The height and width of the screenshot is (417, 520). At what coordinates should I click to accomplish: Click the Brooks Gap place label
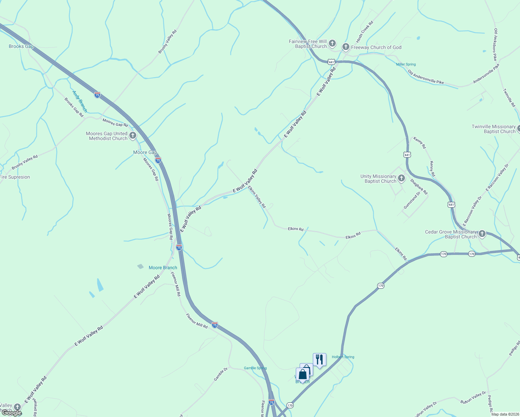tap(21, 46)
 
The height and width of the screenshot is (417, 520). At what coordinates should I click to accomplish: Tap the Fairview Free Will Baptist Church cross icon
tap(332, 43)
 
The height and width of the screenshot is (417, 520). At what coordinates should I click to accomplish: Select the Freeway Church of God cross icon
tap(346, 47)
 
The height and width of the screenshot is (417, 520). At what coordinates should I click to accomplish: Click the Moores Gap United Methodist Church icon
tap(132, 136)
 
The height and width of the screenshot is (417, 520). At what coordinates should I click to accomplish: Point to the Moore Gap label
tap(145, 152)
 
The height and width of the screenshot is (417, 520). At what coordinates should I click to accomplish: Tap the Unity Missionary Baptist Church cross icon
tap(401, 179)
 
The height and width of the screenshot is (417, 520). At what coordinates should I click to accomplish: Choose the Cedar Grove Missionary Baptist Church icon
tap(482, 234)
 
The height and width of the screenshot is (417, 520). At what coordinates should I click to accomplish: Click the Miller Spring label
tap(406, 64)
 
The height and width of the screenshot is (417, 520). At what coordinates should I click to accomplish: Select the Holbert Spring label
tap(343, 357)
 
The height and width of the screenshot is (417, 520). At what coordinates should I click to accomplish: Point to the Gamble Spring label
tap(255, 368)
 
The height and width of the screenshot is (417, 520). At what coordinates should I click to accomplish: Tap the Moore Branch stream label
tap(163, 268)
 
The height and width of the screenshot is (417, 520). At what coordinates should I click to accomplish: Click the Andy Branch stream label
tap(80, 101)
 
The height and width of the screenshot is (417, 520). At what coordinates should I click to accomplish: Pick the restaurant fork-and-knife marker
tap(319, 359)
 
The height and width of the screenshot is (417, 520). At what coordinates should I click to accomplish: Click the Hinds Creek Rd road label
tap(365, 32)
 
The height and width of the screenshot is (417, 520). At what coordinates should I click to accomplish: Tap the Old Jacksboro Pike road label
tap(495, 44)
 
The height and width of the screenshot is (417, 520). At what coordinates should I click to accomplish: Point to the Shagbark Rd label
tap(419, 187)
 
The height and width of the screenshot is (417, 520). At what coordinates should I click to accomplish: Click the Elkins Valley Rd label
tap(257, 197)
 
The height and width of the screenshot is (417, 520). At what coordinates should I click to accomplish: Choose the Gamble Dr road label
tap(221, 374)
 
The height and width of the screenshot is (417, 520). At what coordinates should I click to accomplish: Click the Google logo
tap(12, 412)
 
